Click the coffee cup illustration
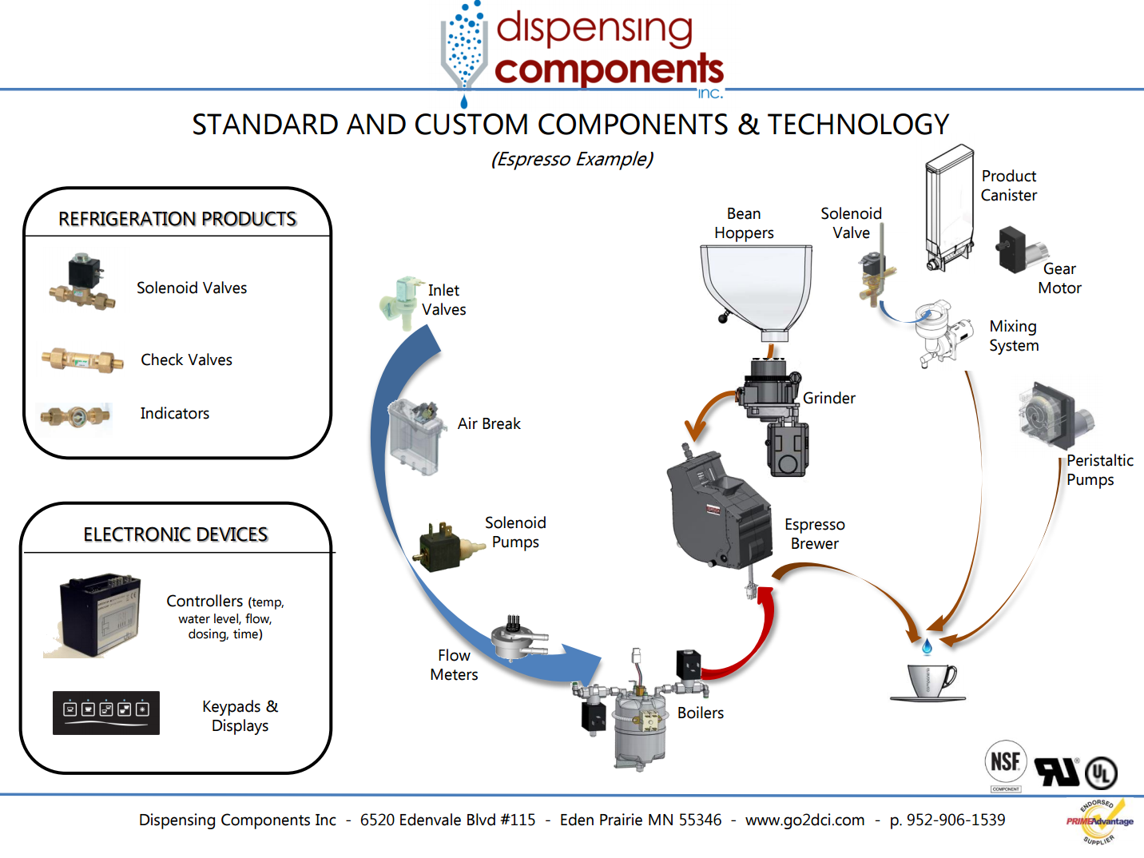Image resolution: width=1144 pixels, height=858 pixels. click(929, 681)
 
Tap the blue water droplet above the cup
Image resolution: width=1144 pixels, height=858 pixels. click(927, 646)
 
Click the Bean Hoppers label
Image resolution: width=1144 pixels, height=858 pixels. click(744, 224)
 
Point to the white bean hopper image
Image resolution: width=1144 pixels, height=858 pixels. click(756, 288)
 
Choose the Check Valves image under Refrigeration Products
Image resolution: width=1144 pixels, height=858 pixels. click(82, 360)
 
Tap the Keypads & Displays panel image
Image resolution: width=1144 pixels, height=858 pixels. click(105, 713)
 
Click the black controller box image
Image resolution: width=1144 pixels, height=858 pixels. click(99, 615)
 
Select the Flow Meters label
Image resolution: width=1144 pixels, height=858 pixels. click(454, 665)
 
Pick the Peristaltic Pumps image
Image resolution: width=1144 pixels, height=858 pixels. click(1053, 415)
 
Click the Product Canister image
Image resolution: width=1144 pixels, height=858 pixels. click(948, 208)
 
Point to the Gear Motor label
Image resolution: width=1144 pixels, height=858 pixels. click(1059, 279)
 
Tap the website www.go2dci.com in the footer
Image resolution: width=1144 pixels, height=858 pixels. click(804, 820)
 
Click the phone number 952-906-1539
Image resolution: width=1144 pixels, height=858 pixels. click(955, 820)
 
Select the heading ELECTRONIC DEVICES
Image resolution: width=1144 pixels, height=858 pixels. click(176, 534)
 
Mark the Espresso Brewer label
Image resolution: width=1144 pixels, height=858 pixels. click(814, 534)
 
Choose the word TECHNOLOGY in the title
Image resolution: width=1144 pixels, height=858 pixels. click(858, 125)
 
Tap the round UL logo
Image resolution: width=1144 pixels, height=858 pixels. click(1101, 773)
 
